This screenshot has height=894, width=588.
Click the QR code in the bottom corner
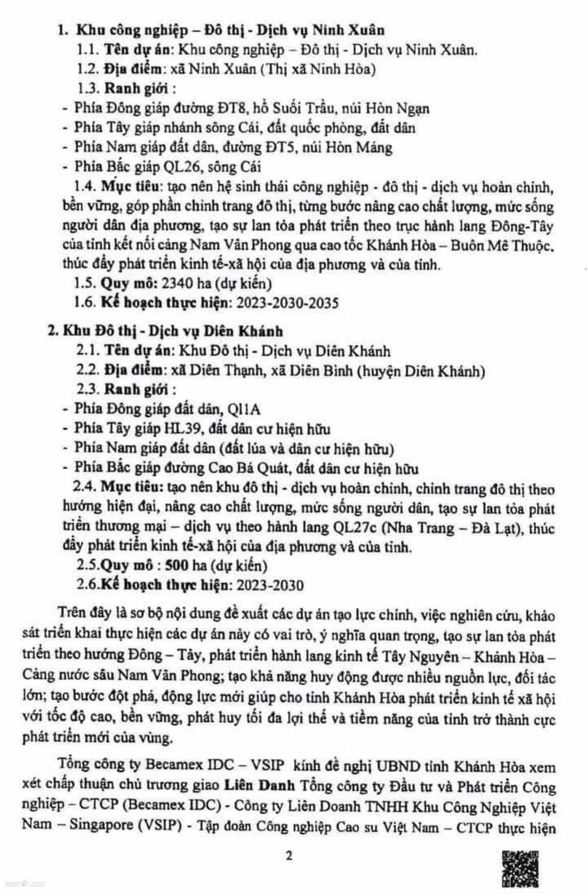(520, 871)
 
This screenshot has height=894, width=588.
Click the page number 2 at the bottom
(289, 856)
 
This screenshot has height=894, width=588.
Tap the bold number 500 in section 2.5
(176, 566)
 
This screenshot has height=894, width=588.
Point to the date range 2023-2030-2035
(287, 303)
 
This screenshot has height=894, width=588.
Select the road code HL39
(182, 429)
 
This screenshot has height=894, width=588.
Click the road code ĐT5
(276, 147)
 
